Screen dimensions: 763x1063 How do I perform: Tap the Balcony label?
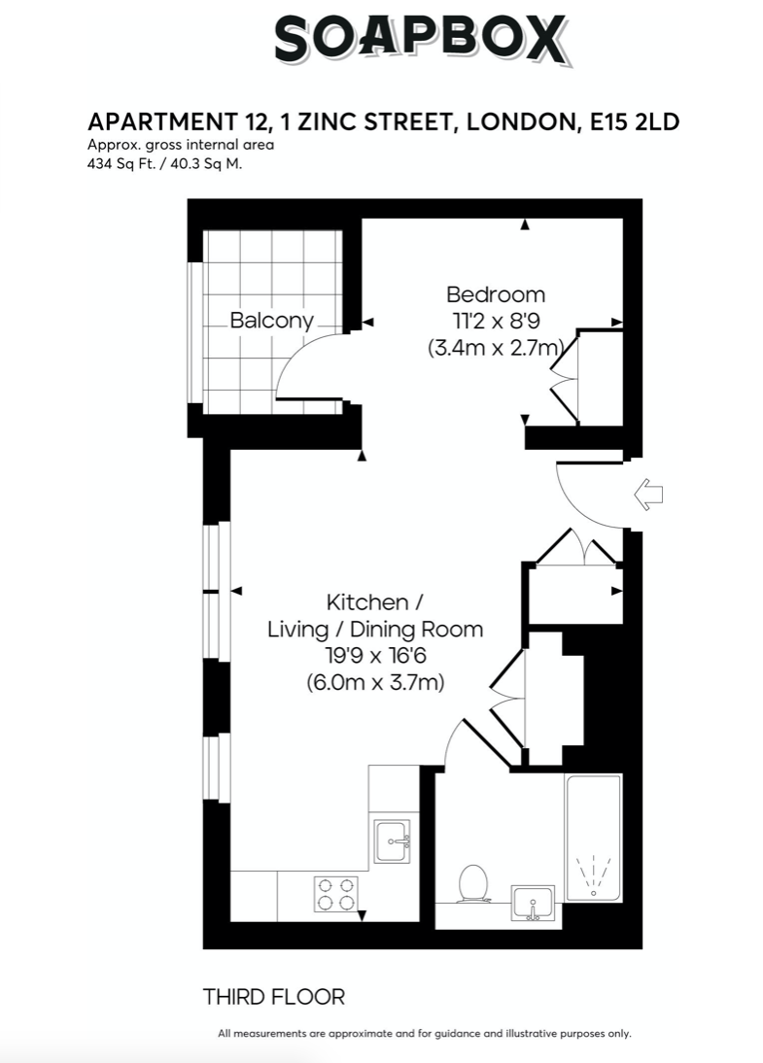coord(271,320)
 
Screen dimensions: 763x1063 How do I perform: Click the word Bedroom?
coord(496,294)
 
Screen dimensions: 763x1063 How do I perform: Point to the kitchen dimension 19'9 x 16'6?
coord(375,656)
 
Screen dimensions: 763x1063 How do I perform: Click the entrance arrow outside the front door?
coord(648,495)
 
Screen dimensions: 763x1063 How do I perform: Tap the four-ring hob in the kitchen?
coord(335,894)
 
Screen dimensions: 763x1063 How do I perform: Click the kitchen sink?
coord(393,841)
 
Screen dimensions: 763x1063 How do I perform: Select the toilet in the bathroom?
coord(472,883)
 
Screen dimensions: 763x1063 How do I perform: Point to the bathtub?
coord(594,838)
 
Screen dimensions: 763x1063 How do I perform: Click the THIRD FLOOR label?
coord(274,997)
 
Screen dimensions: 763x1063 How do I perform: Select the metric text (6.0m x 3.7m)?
coord(375,681)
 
